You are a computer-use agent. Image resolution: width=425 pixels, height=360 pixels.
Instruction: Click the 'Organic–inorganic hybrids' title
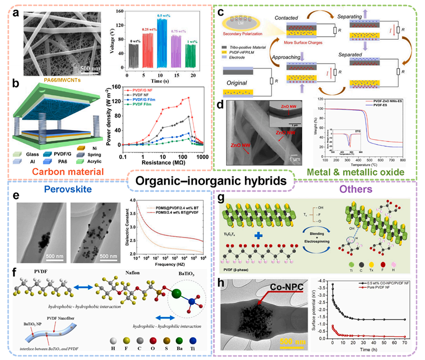(213, 182)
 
